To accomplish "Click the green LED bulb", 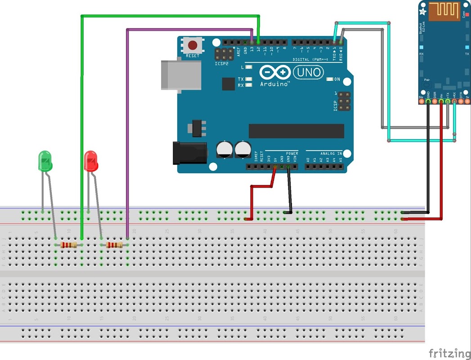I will (x=45, y=161).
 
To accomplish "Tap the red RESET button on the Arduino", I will (x=193, y=45).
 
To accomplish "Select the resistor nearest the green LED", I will (x=68, y=245).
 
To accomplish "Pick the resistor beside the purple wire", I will (x=114, y=245).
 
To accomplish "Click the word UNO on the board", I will (x=308, y=72).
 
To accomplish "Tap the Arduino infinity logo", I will (x=274, y=72).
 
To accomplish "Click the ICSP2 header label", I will (x=222, y=63).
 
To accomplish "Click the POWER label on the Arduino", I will (x=292, y=153).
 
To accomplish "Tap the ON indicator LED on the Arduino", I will (x=331, y=80).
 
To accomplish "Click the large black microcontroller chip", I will (x=296, y=131).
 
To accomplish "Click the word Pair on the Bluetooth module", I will (x=426, y=79).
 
